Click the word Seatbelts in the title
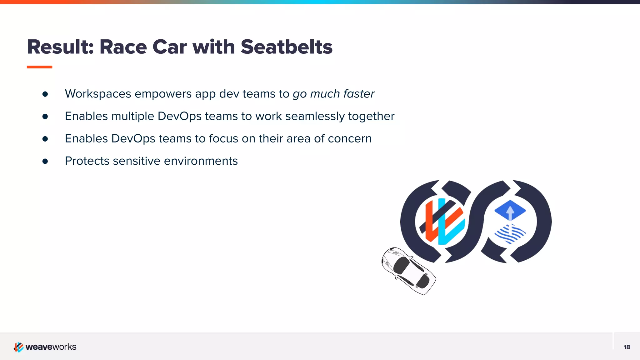(x=286, y=47)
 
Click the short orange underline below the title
(x=39, y=67)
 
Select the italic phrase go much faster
(x=333, y=94)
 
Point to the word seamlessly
(x=315, y=116)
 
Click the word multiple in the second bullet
(x=133, y=116)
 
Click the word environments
(x=201, y=161)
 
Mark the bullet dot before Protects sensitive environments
(x=45, y=161)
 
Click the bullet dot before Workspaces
(x=45, y=94)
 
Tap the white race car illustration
(x=408, y=271)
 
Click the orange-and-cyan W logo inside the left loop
(x=442, y=221)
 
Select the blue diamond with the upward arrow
(x=510, y=210)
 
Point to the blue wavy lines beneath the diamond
(x=510, y=234)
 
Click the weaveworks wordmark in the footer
(x=51, y=347)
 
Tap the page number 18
(x=627, y=347)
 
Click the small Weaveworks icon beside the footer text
(x=18, y=347)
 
